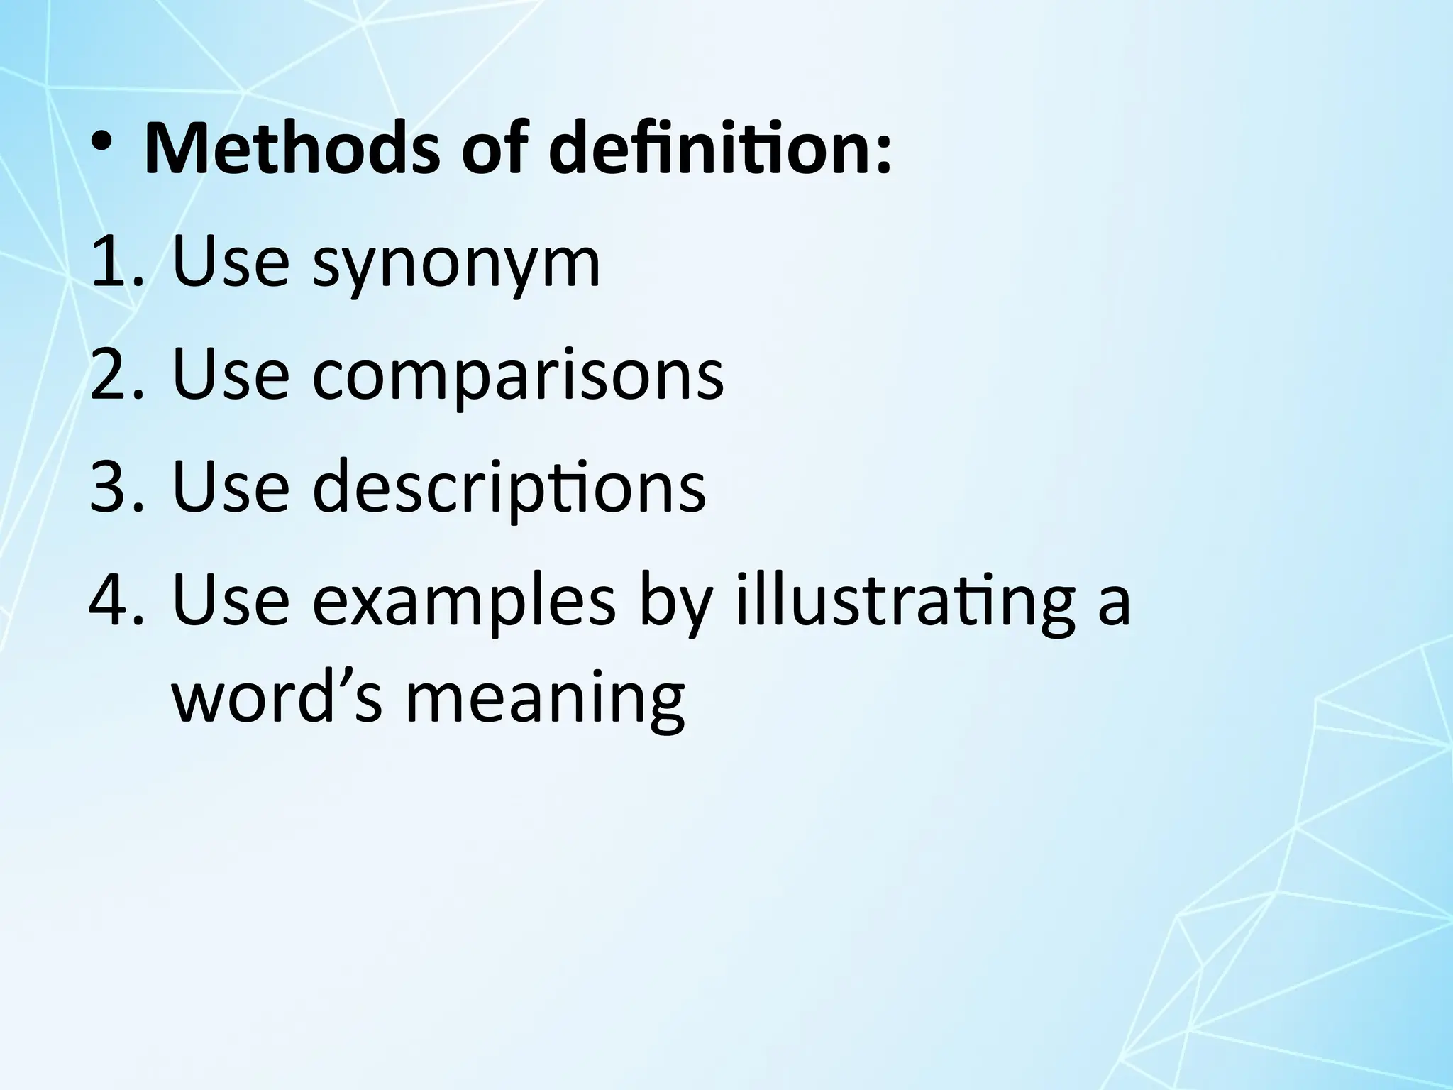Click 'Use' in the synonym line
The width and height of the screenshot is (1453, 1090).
(x=231, y=263)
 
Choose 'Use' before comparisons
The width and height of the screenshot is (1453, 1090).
(x=231, y=374)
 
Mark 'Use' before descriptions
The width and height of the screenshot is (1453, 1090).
(x=231, y=487)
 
